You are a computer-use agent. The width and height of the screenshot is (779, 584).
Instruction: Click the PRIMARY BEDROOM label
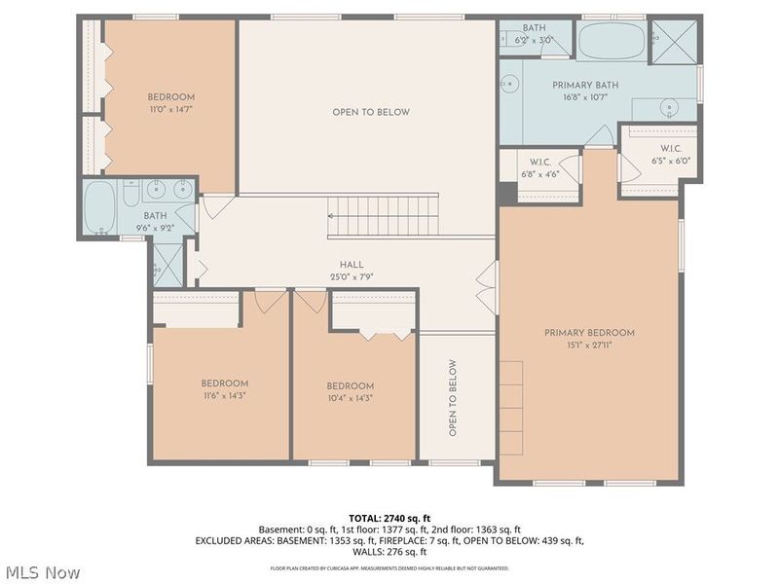point(589,333)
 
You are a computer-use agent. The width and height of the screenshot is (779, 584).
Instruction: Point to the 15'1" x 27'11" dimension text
point(589,344)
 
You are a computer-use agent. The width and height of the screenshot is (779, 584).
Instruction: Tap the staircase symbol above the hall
point(383,215)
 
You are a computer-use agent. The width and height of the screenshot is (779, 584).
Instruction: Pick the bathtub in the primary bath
point(611,41)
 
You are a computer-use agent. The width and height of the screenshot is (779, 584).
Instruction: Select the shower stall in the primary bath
point(674,41)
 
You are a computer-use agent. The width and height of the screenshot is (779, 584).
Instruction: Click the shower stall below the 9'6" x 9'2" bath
point(167,262)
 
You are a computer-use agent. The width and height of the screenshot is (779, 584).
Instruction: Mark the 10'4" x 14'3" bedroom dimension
point(351,397)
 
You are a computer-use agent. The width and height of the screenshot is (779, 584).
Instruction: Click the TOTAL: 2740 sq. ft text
point(389,517)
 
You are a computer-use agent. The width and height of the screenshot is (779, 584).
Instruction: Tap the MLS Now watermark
point(42,572)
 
